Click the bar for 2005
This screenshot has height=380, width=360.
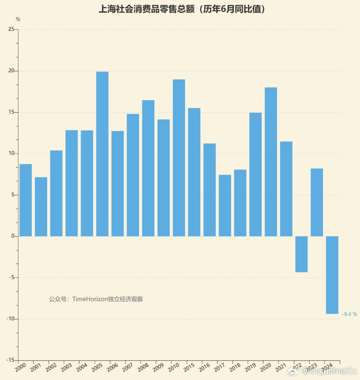pyautogui.click(x=102, y=154)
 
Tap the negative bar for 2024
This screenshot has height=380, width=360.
pyautogui.click(x=332, y=275)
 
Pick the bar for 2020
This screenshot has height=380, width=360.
pyautogui.click(x=271, y=162)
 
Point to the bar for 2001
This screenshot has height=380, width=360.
pyautogui.click(x=41, y=206)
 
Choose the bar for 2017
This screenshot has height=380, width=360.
pyautogui.click(x=225, y=205)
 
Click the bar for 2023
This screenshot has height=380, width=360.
pyautogui.click(x=317, y=202)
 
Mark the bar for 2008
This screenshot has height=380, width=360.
pyautogui.click(x=148, y=168)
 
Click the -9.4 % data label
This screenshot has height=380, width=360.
pyautogui.click(x=349, y=314)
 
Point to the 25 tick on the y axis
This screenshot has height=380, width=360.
pyautogui.click(x=11, y=29)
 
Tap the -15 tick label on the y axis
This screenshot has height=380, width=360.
pyautogui.click(x=9, y=360)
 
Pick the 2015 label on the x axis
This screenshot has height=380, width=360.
pyautogui.click(x=189, y=369)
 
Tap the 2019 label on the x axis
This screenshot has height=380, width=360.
pyautogui.click(x=250, y=369)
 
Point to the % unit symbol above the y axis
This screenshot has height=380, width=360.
pyautogui.click(x=18, y=19)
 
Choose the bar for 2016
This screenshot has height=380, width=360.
pyautogui.click(x=209, y=189)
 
